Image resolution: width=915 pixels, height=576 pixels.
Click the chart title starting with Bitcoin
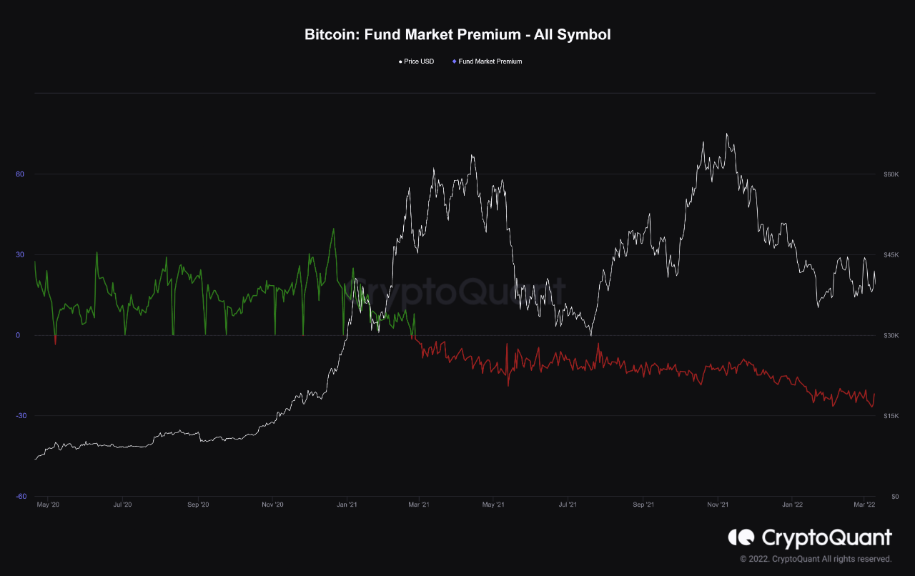tap(457, 34)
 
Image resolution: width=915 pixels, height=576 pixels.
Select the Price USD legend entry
tap(418, 61)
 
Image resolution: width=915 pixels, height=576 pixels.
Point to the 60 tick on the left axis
tap(20, 174)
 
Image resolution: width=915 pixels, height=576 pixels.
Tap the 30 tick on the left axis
tap(20, 255)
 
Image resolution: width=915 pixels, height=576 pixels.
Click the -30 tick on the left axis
tap(19, 416)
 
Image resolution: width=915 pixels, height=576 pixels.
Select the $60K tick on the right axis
tap(891, 174)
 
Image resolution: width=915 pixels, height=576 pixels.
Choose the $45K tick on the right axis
tap(891, 255)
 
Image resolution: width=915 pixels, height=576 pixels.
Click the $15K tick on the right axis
tap(891, 416)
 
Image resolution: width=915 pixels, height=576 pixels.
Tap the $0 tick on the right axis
tap(886, 496)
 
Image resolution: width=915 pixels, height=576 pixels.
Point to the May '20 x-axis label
tap(48, 505)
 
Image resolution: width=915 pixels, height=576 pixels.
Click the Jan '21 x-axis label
tap(347, 505)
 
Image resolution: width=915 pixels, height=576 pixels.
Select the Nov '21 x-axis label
tap(718, 505)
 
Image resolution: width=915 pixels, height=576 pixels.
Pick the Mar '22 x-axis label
tap(865, 505)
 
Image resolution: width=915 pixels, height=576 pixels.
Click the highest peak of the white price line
tap(726, 134)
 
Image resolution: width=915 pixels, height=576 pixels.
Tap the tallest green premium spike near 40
tap(333, 229)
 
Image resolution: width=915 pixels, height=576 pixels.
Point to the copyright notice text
tap(816, 559)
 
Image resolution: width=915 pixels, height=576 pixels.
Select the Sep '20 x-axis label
tap(198, 505)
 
